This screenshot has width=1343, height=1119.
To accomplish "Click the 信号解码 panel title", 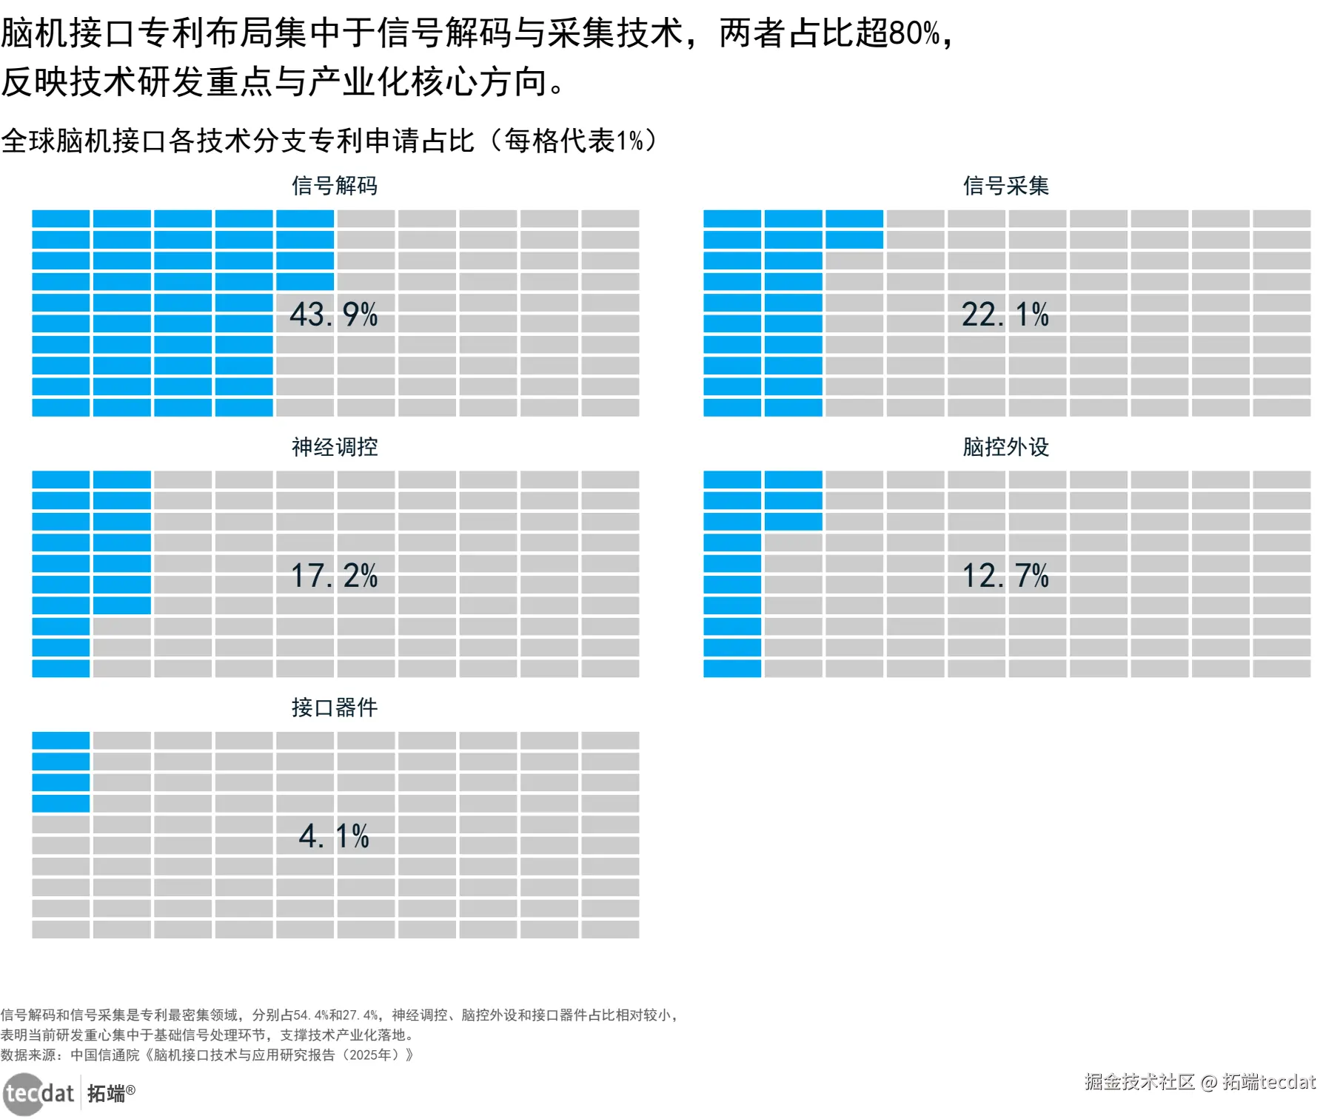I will (335, 185).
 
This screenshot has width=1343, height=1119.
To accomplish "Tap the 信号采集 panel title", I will (1005, 185).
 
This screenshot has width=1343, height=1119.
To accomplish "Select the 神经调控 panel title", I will (335, 446).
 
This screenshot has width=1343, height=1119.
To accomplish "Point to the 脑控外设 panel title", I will (1005, 446).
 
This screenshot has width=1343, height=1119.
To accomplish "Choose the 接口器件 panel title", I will (335, 707).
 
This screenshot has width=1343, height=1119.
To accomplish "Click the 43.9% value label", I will (334, 315).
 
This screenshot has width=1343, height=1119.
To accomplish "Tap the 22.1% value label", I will (1005, 315).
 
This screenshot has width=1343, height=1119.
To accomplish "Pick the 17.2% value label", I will (334, 576).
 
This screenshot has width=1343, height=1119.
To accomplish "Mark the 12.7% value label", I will (1005, 576).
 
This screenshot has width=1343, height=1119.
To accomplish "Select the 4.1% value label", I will (334, 836).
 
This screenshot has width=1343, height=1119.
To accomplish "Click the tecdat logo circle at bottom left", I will (24, 1093).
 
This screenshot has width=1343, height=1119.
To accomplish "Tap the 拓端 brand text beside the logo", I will (107, 1093).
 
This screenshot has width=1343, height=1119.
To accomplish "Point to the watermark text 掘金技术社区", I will (1139, 1082).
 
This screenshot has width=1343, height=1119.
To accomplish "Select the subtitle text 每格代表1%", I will (575, 141).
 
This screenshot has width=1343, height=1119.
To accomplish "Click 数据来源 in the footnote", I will (29, 1055).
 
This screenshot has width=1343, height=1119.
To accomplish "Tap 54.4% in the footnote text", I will (311, 1015).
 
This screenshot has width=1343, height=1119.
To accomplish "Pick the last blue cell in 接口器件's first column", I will (61, 803).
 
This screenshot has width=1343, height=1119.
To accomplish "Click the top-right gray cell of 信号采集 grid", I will (1282, 218).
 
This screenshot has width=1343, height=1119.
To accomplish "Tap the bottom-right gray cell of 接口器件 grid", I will (610, 930).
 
